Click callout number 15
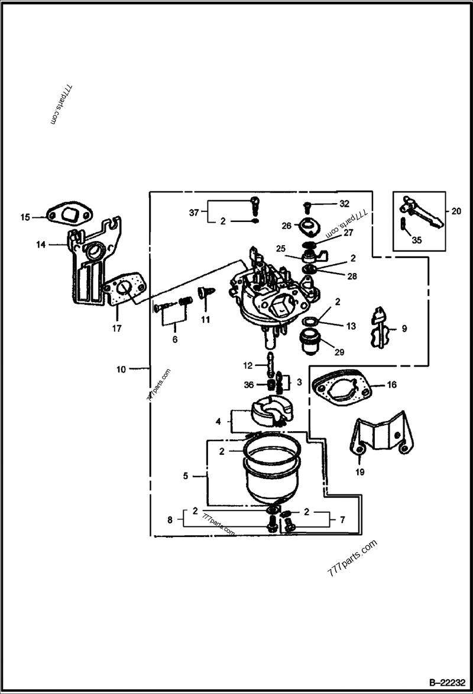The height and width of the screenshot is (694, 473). click(x=25, y=217)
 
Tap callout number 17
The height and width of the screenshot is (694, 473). click(x=116, y=327)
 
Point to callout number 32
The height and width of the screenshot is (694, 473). click(x=345, y=204)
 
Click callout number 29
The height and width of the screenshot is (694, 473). click(x=339, y=352)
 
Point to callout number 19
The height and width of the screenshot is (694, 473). click(x=360, y=472)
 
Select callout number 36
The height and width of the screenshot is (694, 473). click(x=248, y=385)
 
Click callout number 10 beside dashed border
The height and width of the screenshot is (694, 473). click(x=121, y=369)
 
